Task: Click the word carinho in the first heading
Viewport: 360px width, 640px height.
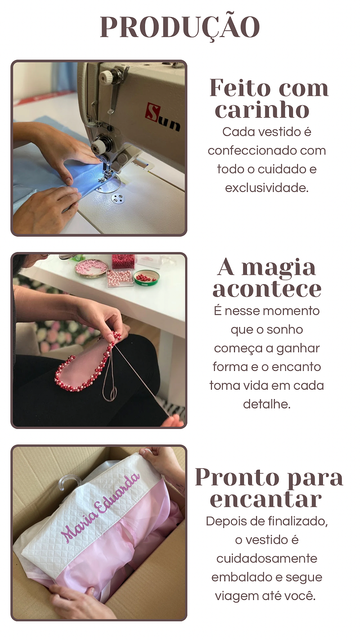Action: (262, 110)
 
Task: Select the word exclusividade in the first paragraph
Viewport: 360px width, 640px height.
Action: (267, 188)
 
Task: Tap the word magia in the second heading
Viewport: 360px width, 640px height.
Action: (278, 268)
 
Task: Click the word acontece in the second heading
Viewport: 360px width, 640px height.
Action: (267, 289)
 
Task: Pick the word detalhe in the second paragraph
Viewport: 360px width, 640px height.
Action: (267, 404)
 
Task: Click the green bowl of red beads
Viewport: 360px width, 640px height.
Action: (147, 278)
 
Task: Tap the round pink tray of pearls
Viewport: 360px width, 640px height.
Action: (91, 268)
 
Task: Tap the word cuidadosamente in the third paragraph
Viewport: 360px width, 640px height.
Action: (267, 559)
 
